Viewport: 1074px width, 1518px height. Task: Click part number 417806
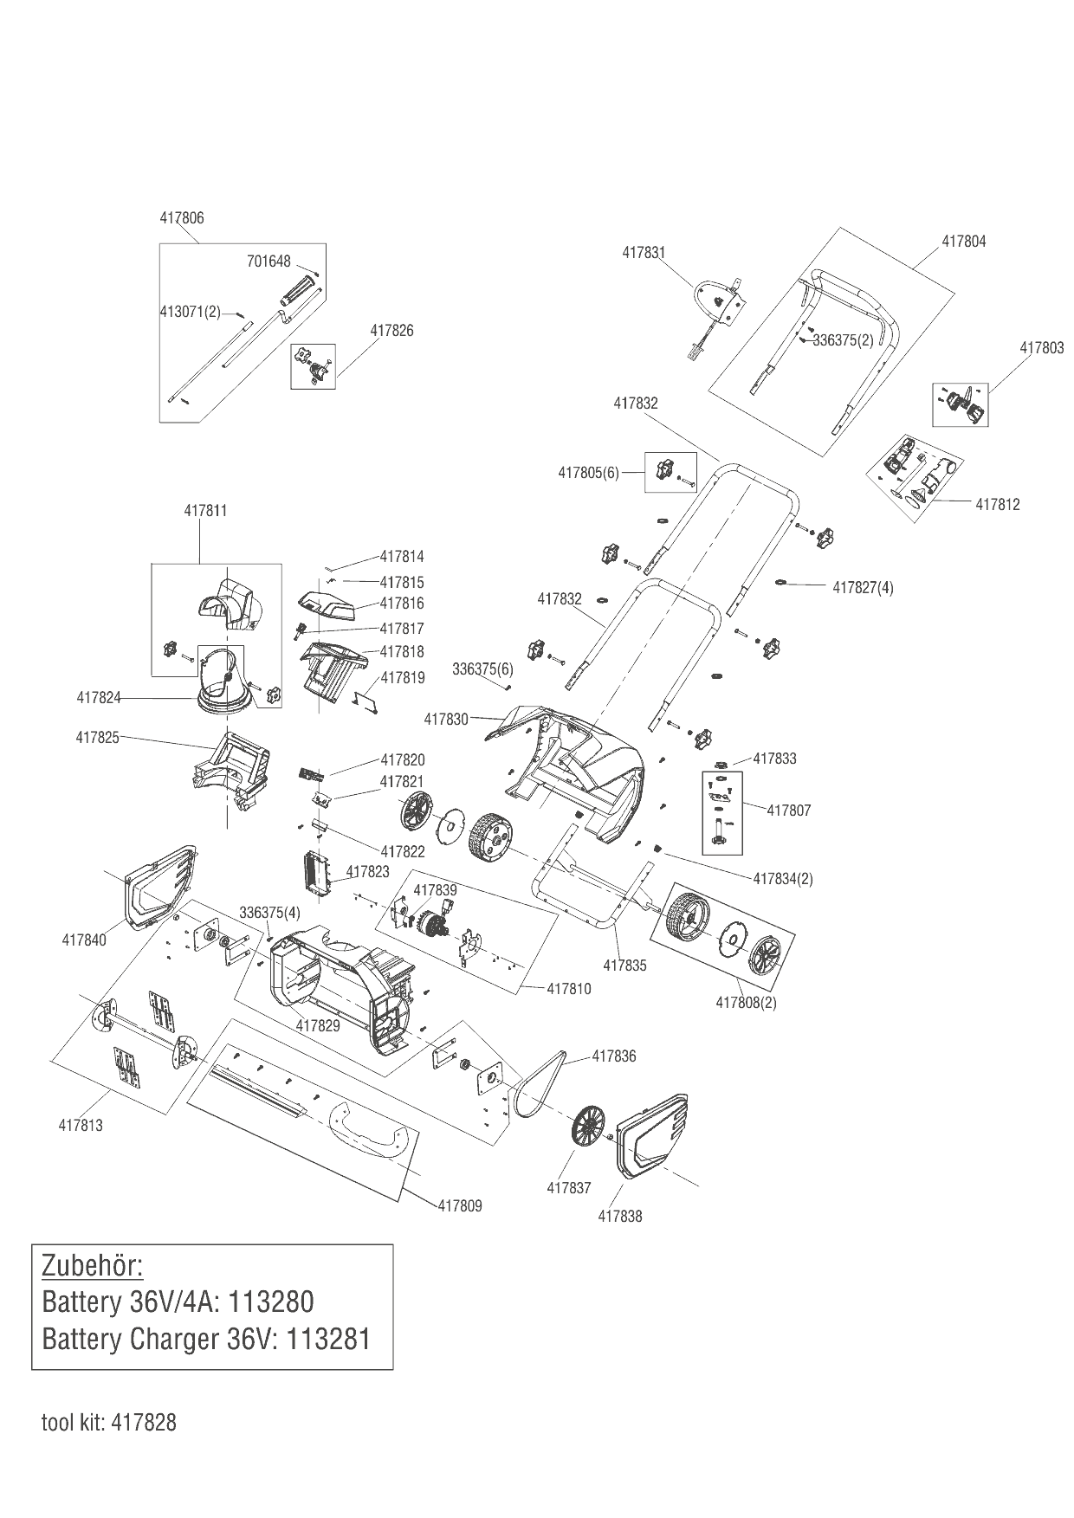tap(182, 218)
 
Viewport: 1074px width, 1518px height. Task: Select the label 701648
tap(268, 262)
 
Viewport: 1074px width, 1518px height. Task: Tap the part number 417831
tap(644, 253)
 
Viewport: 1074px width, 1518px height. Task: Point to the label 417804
tap(963, 242)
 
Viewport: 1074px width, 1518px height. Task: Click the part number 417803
tap(1042, 348)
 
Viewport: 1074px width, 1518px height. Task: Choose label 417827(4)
tap(863, 588)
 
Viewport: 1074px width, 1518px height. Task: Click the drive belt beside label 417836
tap(537, 1082)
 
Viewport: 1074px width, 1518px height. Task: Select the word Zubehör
tap(92, 1265)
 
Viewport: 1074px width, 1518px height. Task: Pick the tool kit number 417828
tap(143, 1423)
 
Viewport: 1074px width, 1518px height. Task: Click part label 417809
tap(460, 1205)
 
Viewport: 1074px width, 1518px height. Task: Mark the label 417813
tap(81, 1126)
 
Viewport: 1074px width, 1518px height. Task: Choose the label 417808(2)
tap(746, 1003)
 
